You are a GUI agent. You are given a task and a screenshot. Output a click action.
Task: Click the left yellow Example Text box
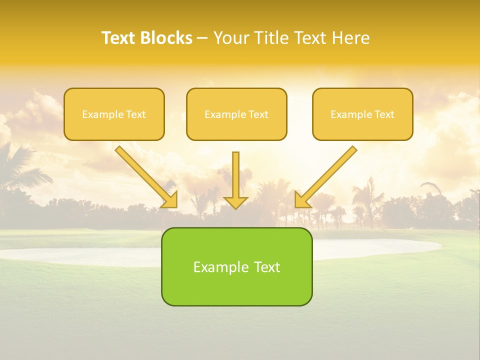114,114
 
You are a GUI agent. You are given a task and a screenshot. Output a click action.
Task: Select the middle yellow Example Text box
236,114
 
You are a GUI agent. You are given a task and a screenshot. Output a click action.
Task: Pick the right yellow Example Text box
362,114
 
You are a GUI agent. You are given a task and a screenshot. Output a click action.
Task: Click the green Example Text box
236,266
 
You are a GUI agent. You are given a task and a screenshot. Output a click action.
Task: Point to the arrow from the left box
145,175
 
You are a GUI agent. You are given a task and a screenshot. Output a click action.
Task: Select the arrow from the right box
327,175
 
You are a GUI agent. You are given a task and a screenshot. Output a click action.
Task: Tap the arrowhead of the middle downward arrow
235,202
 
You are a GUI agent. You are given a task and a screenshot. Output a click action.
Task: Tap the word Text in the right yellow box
384,114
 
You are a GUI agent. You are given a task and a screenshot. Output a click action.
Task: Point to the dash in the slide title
202,38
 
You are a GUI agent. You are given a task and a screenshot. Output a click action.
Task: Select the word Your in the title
231,38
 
